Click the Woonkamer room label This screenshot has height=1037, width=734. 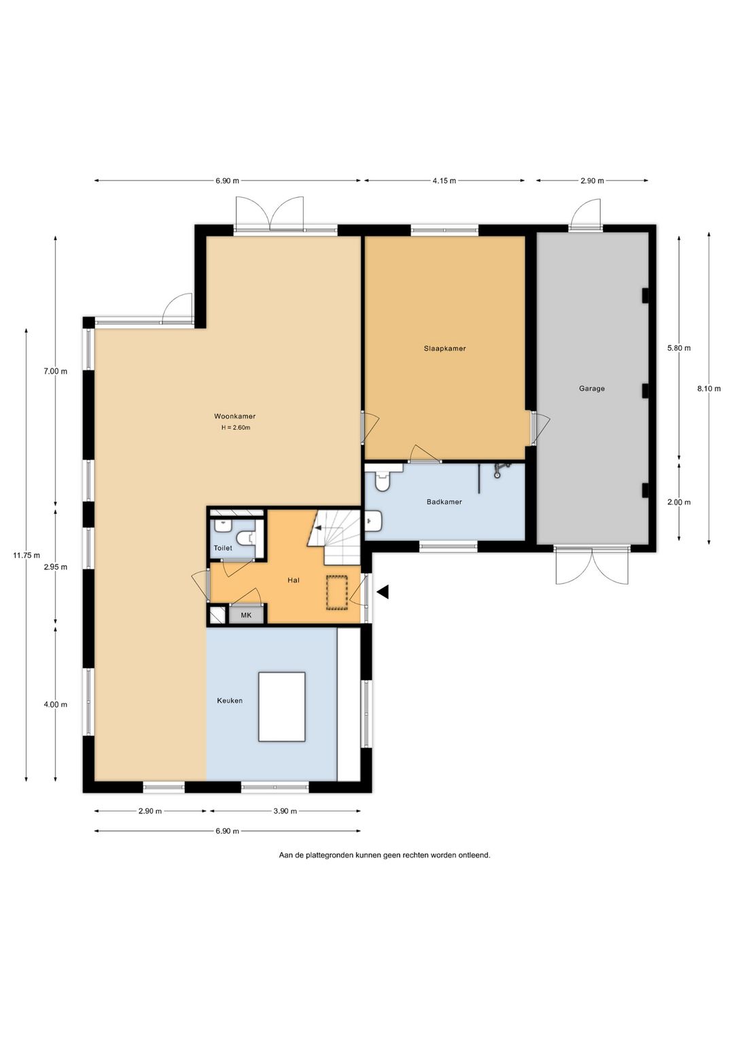click(x=234, y=416)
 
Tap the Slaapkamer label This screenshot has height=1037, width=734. click(x=444, y=348)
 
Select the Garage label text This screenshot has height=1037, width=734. click(x=591, y=389)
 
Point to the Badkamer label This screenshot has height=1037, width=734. click(x=444, y=502)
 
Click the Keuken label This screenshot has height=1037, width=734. click(x=230, y=701)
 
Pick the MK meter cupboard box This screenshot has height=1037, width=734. click(x=246, y=615)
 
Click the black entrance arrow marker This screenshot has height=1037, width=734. click(x=383, y=592)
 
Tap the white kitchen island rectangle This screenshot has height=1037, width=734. click(x=281, y=707)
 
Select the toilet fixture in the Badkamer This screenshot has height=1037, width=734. click(x=383, y=477)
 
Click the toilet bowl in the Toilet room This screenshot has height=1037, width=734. click(x=246, y=538)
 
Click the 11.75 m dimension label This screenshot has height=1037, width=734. click(x=27, y=555)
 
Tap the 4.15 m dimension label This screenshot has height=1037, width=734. click(x=444, y=181)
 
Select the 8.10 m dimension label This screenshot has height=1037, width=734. click(x=709, y=389)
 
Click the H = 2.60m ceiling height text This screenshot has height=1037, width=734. click(x=236, y=427)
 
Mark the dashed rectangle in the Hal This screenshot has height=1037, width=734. click(x=336, y=593)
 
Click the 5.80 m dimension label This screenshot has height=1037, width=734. click(x=679, y=348)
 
